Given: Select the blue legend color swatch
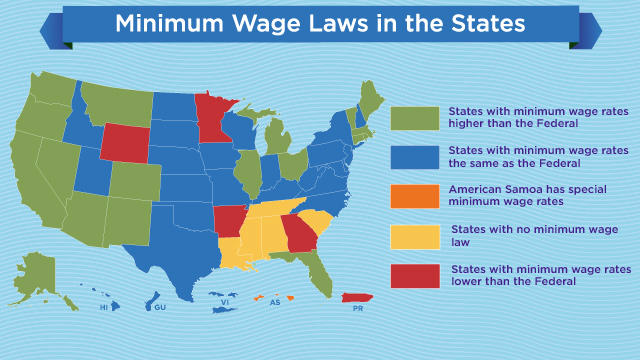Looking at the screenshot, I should pyautogui.click(x=413, y=157).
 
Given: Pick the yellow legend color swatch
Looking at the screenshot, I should pyautogui.click(x=413, y=236).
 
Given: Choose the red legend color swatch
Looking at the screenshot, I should pyautogui.click(x=413, y=275).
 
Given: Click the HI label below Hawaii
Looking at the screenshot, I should pyautogui.click(x=103, y=308).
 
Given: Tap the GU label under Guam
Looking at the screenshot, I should pyautogui.click(x=159, y=308).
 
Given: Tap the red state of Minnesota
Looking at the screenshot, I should pyautogui.click(x=212, y=117).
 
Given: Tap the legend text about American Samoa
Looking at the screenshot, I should pyautogui.click(x=506, y=193).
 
